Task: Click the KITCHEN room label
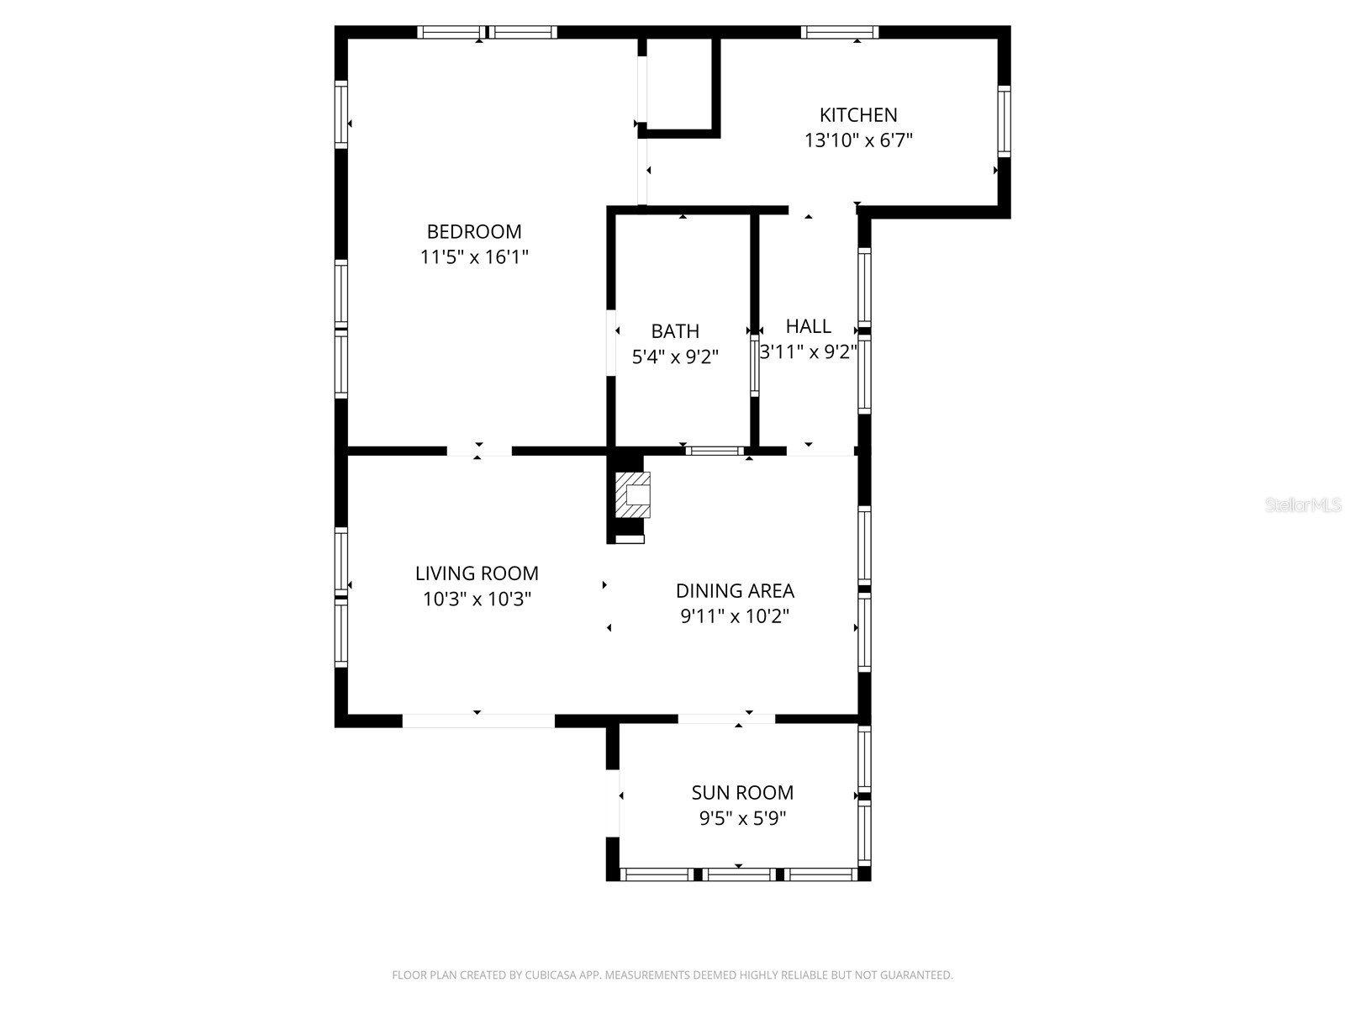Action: tap(858, 115)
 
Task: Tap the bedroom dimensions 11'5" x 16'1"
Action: tap(474, 257)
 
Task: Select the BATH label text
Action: tap(675, 331)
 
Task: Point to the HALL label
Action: tap(808, 326)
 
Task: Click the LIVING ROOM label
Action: tap(477, 573)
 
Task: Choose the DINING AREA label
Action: tap(735, 591)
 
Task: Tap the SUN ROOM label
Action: tap(742, 793)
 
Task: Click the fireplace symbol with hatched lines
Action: tap(633, 495)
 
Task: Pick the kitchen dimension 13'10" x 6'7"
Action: tap(858, 140)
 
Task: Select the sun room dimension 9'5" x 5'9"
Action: tap(742, 818)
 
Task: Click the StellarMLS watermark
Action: tap(1302, 505)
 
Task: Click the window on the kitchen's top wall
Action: tap(839, 33)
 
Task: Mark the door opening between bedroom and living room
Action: tap(478, 452)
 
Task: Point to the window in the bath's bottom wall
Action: tap(714, 452)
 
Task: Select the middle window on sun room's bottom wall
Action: tap(739, 875)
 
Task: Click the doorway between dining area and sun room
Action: tap(726, 719)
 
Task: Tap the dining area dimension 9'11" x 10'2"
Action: tap(735, 616)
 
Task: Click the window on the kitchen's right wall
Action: tap(1004, 121)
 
